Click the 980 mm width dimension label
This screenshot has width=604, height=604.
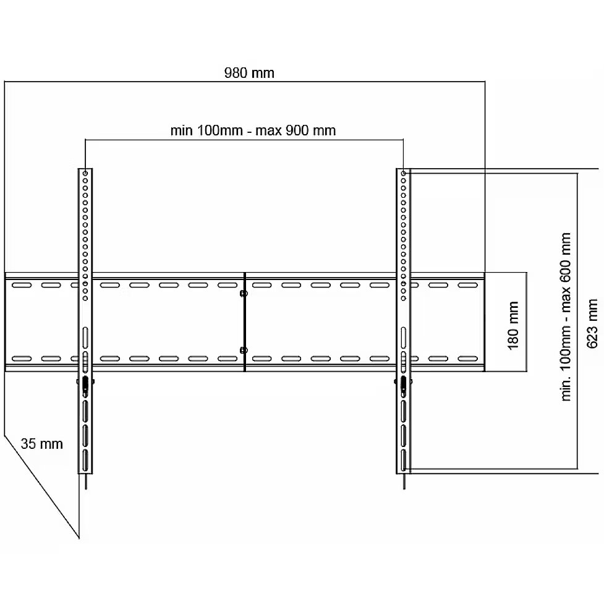249,73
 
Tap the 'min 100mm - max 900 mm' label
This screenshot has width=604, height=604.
253,130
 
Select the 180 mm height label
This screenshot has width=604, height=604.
513,326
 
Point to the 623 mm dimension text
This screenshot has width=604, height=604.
592,323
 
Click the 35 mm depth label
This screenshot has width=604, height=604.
41,444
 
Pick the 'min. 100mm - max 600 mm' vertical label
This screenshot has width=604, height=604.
566,317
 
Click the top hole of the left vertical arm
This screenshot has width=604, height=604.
85,173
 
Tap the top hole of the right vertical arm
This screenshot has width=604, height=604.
403,173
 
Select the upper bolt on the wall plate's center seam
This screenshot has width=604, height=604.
244,294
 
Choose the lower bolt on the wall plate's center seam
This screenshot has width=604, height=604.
244,350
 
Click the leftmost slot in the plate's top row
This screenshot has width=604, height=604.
22,286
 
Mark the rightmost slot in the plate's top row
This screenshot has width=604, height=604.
467,286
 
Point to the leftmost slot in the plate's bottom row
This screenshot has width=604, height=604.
22,359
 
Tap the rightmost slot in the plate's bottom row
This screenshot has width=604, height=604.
467,359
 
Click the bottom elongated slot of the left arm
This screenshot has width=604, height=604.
85,460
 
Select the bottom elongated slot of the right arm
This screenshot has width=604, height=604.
403,460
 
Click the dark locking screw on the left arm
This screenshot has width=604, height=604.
85,384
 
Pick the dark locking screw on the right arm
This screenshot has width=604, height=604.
403,384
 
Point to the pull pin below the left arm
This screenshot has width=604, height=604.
85,482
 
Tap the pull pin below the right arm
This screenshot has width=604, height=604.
404,482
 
